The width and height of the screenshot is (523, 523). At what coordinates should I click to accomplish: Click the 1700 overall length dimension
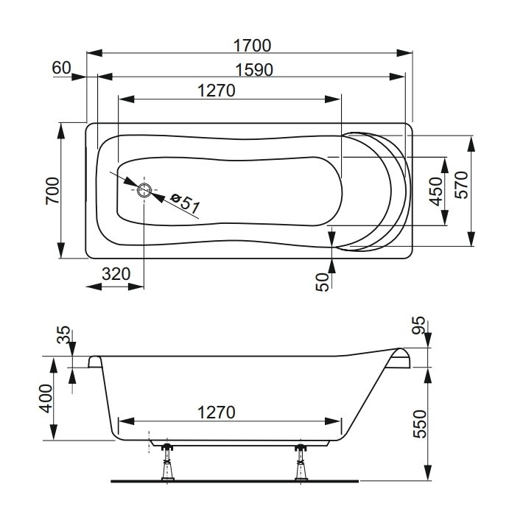[x=252, y=46]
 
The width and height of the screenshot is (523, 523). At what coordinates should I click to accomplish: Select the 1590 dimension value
[x=254, y=70]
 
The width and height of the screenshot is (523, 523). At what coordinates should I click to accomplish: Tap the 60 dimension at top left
[x=62, y=68]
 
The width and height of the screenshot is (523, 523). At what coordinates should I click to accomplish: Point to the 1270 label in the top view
[x=217, y=91]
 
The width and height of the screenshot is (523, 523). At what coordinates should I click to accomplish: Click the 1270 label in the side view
[x=217, y=413]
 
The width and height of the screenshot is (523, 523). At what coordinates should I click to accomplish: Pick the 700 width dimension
[x=53, y=191]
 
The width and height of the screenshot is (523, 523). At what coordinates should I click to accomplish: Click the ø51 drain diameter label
[x=185, y=203]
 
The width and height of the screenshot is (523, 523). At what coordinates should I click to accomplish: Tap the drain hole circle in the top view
[x=144, y=190]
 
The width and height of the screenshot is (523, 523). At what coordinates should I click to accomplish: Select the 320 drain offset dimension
[x=116, y=274]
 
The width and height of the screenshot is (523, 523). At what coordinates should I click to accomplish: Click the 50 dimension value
[x=323, y=282]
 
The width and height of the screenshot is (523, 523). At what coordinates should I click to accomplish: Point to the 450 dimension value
[x=436, y=192]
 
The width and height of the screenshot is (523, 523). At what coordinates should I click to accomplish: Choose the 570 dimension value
[x=462, y=185]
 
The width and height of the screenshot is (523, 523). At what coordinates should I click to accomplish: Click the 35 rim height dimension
[x=63, y=334]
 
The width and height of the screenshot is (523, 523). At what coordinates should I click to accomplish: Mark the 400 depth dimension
[x=46, y=399]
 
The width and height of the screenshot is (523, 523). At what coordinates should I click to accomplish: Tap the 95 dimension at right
[x=418, y=325]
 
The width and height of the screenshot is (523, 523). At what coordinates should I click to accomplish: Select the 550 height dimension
[x=420, y=424]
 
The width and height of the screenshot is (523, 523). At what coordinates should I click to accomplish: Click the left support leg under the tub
[x=168, y=463]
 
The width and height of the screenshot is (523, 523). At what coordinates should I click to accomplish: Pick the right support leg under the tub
[x=301, y=463]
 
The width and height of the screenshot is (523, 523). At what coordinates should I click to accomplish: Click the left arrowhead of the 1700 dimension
[x=94, y=53]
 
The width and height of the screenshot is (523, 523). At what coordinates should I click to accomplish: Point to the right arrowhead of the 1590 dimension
[x=397, y=77]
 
